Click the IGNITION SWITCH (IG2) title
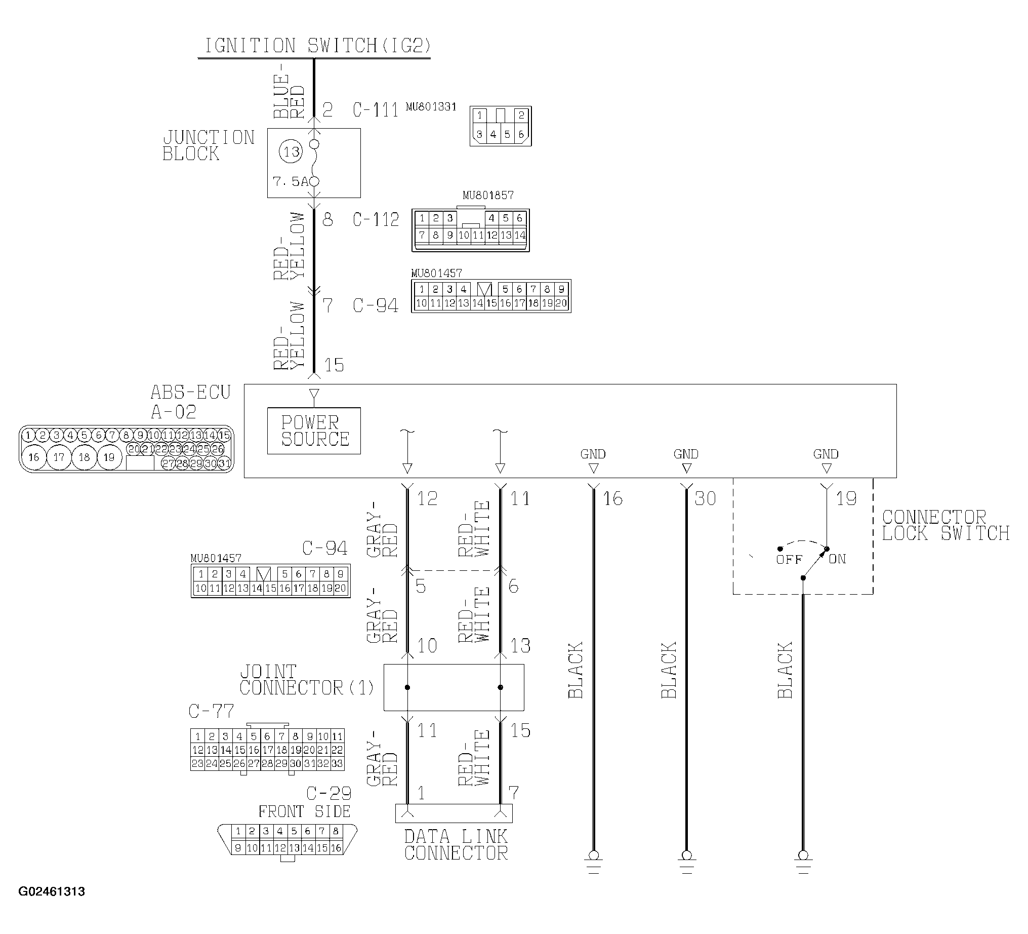(x=318, y=46)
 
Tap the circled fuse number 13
(x=291, y=151)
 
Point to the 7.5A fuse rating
(x=291, y=182)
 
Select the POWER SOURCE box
(x=314, y=431)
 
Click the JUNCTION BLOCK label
(x=208, y=145)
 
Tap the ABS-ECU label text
(x=191, y=392)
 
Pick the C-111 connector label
(x=376, y=110)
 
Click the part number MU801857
(x=488, y=195)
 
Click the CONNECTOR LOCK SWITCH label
(x=946, y=525)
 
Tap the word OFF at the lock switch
(x=790, y=559)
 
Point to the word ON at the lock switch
(x=837, y=559)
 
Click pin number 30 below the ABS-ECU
(x=705, y=498)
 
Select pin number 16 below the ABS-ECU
(x=612, y=498)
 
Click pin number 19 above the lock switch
(x=846, y=498)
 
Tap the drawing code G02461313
(x=52, y=891)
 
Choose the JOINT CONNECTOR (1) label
(x=307, y=679)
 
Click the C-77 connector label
(x=211, y=711)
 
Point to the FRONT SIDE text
(x=304, y=811)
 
